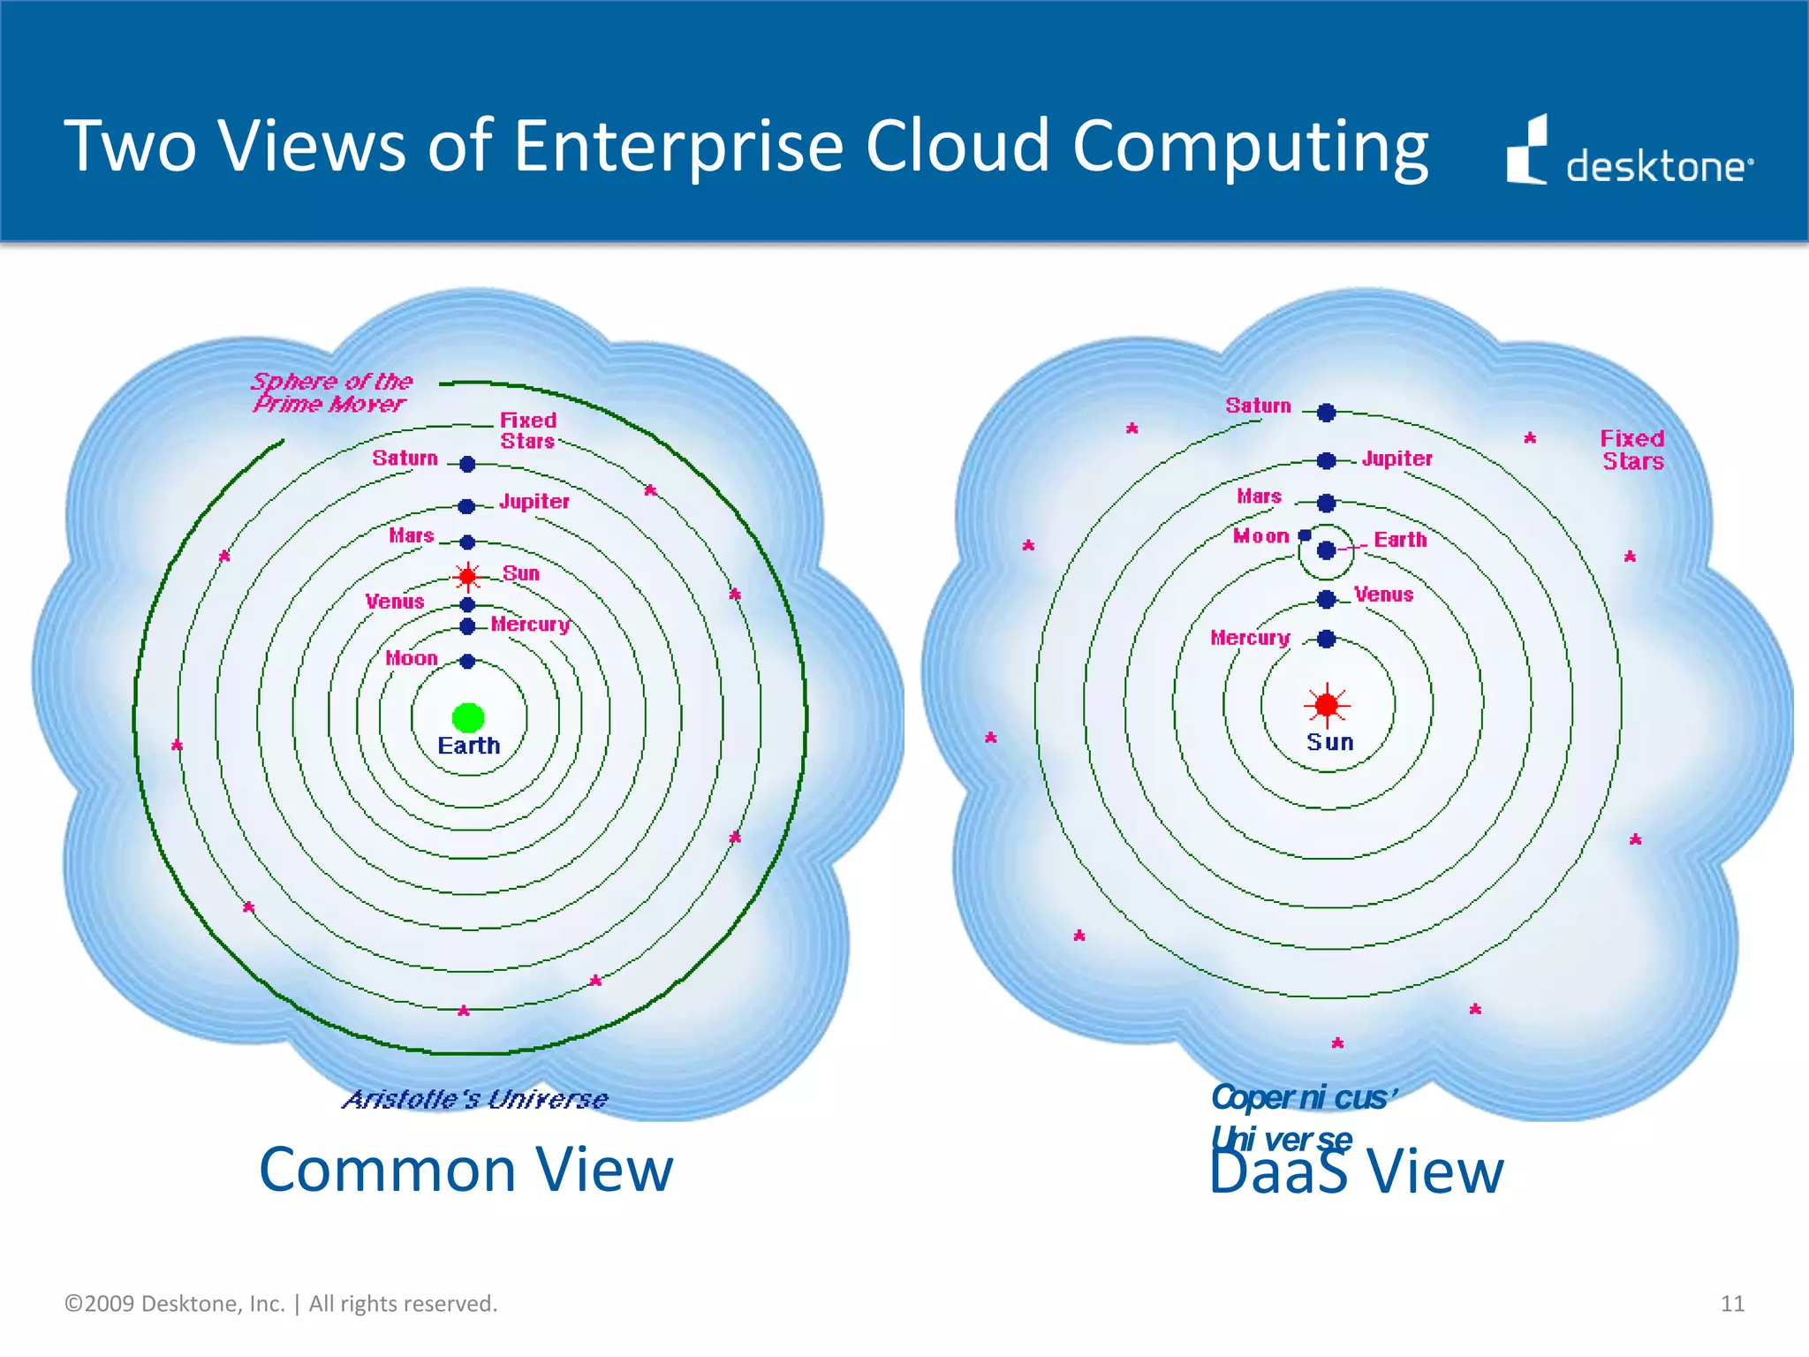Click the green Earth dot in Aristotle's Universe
coord(468,717)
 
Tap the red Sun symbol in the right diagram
coord(1327,705)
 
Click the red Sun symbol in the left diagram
coord(467,577)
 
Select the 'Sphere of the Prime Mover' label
coord(332,392)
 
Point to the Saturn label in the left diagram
coord(405,458)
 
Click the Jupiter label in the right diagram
coord(1396,459)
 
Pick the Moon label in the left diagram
coord(411,658)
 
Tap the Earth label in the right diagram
coord(1400,540)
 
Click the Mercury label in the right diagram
coord(1250,638)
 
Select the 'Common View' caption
coord(465,1170)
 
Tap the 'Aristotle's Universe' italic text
coord(475,1099)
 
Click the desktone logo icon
coord(1527,150)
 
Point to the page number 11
coord(1732,1303)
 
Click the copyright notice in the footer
coord(281,1304)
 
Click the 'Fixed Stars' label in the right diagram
coord(1632,450)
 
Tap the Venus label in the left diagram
coord(395,602)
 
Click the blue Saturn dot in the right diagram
coord(1326,413)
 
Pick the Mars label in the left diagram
coord(412,535)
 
